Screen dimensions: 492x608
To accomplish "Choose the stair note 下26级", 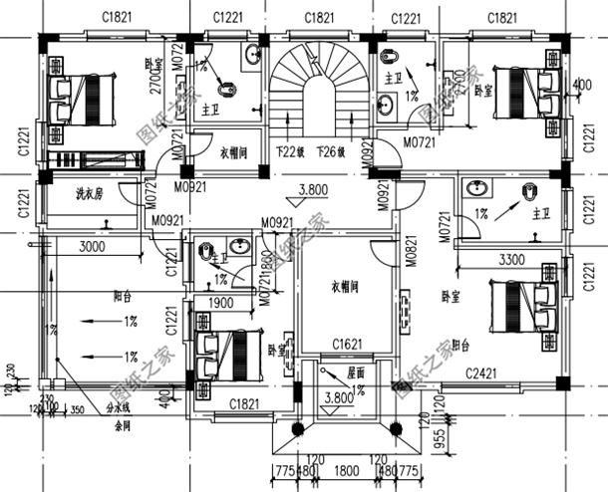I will (x=330, y=152).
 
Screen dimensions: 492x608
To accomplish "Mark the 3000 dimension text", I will (x=93, y=246).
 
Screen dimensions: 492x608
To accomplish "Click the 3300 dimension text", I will (x=510, y=259).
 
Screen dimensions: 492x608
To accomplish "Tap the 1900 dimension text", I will (x=221, y=303).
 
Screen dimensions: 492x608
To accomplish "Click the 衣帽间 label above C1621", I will (x=344, y=285).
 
